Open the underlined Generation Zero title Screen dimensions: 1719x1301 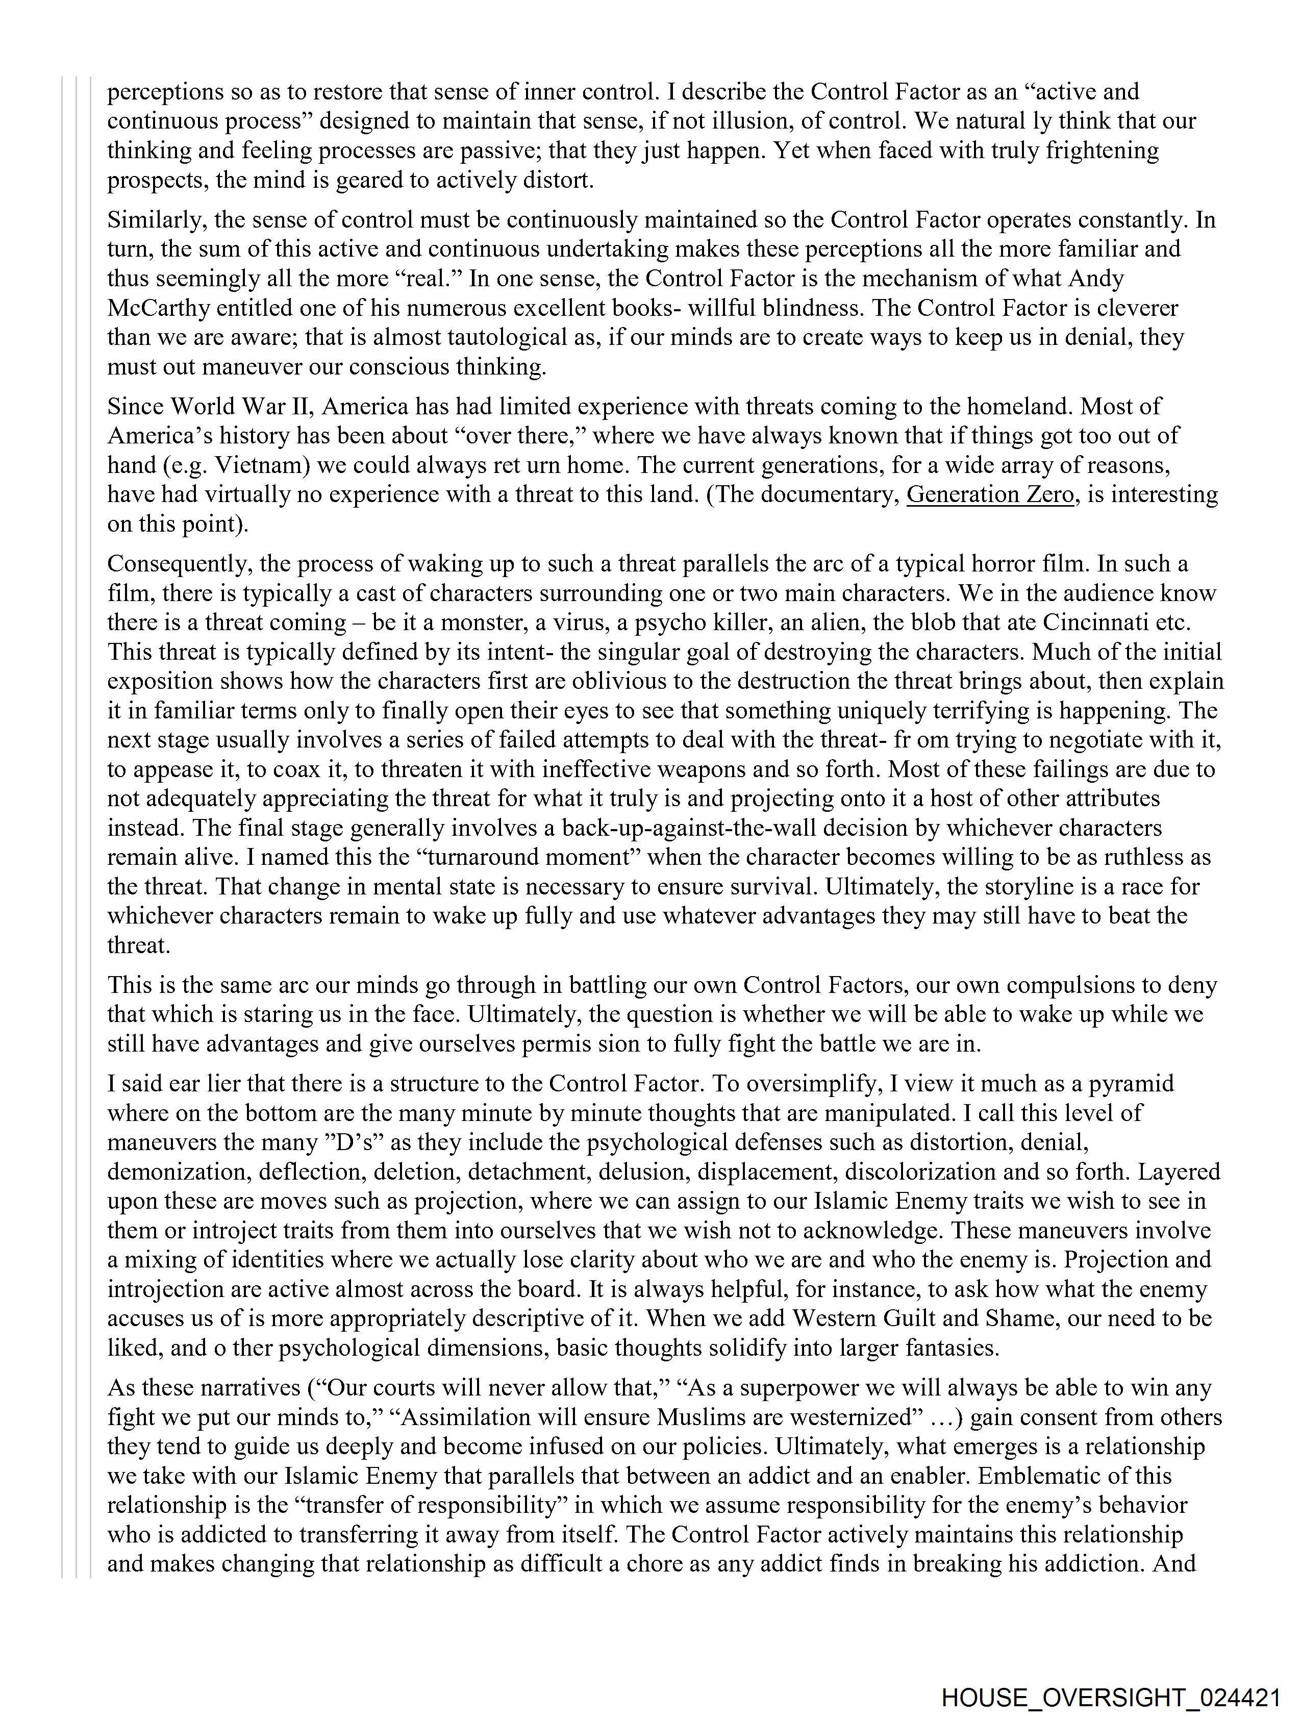(x=989, y=494)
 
